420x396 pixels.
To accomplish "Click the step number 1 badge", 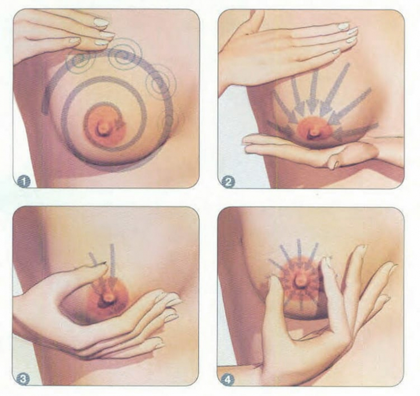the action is click(24, 182).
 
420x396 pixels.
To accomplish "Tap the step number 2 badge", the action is click(229, 182).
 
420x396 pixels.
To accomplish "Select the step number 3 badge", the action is click(23, 379).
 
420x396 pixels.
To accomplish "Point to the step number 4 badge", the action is click(228, 379).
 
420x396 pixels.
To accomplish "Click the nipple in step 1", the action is click(103, 128).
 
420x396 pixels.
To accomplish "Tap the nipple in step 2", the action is click(314, 132).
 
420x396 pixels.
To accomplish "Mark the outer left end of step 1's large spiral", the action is click(46, 109).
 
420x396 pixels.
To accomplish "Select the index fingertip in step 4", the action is click(326, 261).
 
